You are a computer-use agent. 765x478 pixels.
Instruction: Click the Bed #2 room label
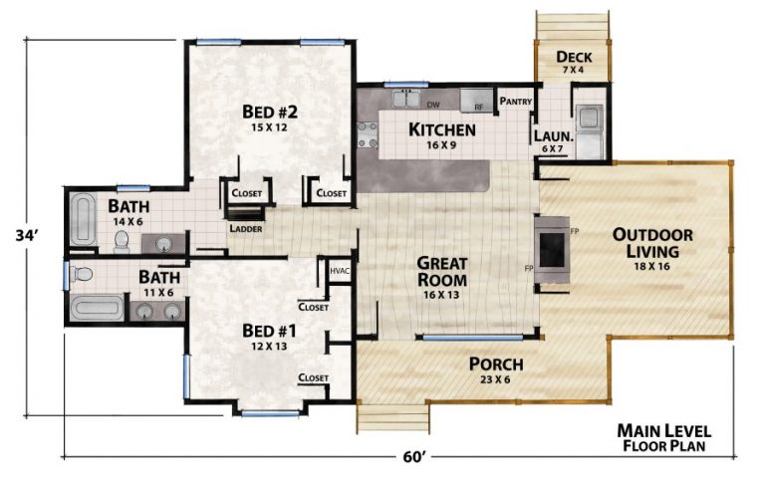[271, 119]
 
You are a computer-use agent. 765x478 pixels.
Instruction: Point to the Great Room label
[443, 271]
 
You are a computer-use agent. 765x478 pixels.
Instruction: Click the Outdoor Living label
[653, 243]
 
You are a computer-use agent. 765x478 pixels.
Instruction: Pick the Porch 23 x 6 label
[496, 369]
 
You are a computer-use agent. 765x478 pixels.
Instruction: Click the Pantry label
[516, 102]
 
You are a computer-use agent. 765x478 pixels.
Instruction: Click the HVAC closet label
[338, 270]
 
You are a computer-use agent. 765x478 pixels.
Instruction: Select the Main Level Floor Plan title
[663, 437]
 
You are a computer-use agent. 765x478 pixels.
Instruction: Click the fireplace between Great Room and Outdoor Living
[551, 246]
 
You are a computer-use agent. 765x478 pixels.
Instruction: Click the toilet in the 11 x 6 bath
[82, 274]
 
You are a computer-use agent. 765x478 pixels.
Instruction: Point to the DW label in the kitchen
[433, 104]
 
